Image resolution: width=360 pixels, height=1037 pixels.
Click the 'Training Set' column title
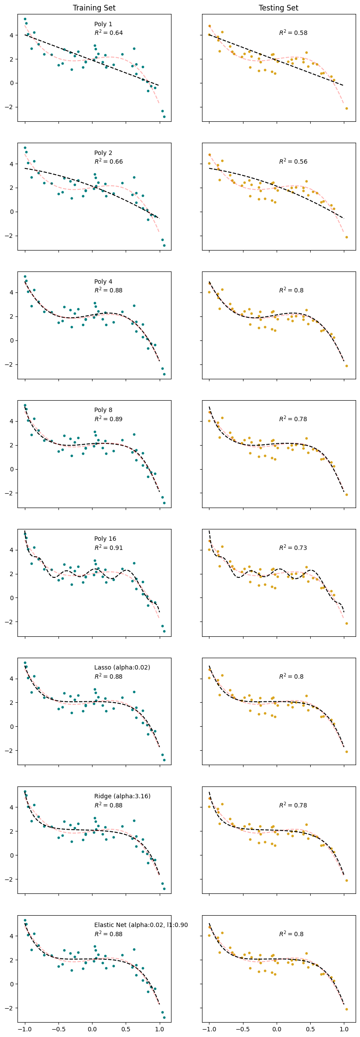94,8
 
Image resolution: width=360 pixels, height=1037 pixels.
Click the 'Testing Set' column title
278,8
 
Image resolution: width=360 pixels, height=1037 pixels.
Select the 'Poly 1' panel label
103,24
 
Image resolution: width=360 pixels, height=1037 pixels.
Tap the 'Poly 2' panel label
103,153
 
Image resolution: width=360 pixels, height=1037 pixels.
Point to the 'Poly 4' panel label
103,282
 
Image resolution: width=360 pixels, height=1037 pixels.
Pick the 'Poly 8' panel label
103,410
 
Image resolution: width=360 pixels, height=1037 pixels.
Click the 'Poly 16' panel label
105,539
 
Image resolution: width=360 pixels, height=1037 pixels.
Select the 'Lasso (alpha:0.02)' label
122,667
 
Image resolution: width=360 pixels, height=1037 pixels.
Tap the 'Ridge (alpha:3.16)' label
122,796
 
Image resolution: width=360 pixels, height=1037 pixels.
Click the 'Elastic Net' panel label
141,925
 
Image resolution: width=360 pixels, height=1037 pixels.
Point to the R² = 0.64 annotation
108,33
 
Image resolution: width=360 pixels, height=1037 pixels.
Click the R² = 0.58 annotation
293,33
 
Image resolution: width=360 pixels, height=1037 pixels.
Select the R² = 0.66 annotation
108,161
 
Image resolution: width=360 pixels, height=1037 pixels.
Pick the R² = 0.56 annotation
293,161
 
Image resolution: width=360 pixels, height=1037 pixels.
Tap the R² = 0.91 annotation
108,548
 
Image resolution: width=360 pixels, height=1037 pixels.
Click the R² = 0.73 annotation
293,548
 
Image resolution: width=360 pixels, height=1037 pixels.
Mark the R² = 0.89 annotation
108,419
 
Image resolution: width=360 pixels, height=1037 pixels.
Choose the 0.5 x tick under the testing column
310,1029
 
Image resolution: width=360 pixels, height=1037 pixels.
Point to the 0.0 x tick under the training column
92,1029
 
